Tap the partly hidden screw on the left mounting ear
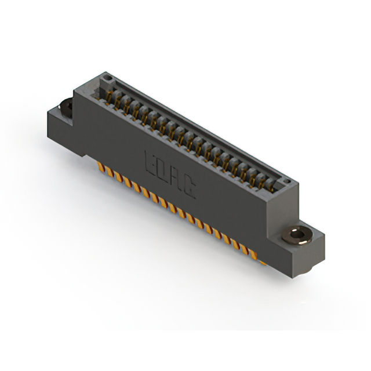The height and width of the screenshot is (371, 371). coord(66,106)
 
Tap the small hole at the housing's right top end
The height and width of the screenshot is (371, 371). coord(286,183)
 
